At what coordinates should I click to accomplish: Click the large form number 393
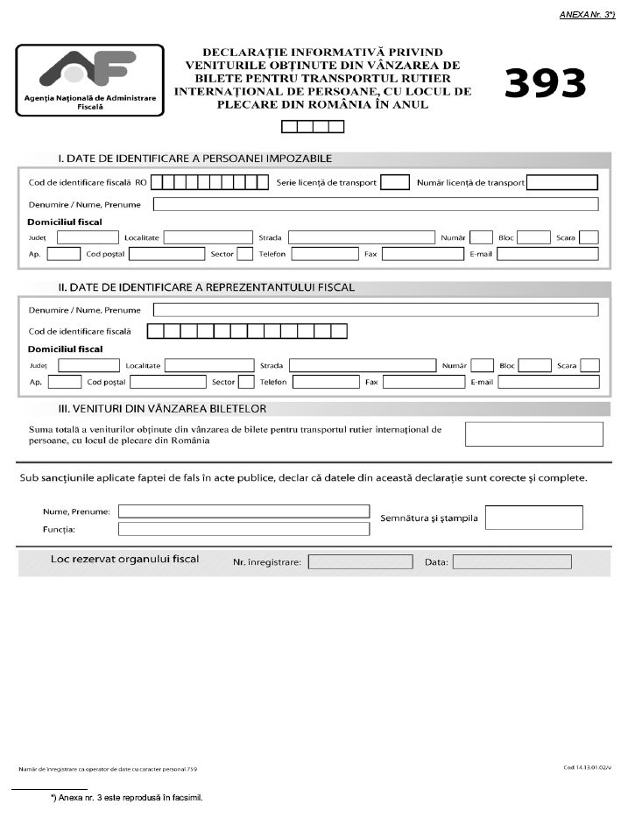[x=545, y=84]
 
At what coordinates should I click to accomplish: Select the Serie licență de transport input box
[x=396, y=182]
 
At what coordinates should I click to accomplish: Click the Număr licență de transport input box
[x=561, y=182]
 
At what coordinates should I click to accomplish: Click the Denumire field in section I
[x=375, y=204]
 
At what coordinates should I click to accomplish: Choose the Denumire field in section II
[x=375, y=309]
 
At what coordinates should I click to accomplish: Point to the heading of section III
[x=162, y=408]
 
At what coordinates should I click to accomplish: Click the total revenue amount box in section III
[x=533, y=434]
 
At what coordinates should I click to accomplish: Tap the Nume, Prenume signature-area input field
[x=243, y=511]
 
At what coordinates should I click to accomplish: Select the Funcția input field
[x=243, y=529]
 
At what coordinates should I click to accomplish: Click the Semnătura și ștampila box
[x=533, y=518]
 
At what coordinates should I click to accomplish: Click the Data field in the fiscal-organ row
[x=512, y=561]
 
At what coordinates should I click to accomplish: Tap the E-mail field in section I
[x=547, y=254]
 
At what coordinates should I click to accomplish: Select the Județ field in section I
[x=87, y=236]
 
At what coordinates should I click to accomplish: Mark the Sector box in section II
[x=246, y=382]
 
